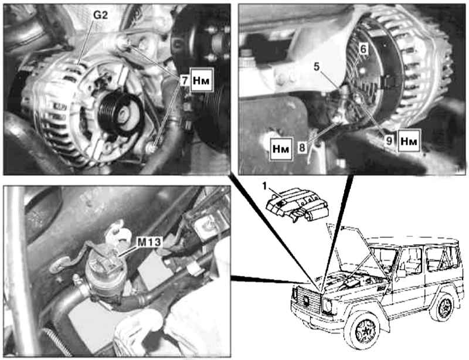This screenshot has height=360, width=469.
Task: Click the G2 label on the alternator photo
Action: point(100,15)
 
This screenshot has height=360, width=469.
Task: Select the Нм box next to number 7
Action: point(201,80)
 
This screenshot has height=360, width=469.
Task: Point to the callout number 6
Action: point(363,49)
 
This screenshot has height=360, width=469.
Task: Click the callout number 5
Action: point(317,66)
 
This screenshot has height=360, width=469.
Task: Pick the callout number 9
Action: point(389,141)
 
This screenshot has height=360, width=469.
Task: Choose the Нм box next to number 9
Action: point(409,141)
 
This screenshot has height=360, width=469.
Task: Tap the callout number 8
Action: point(302,148)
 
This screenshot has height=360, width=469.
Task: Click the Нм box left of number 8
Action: point(281,149)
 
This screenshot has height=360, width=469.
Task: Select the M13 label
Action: point(149,242)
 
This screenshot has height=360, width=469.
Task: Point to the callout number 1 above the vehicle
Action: point(264,186)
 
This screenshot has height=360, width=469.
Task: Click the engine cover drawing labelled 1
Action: point(297,205)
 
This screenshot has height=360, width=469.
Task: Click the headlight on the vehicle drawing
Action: point(327,305)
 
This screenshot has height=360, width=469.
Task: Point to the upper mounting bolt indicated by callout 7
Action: point(122,42)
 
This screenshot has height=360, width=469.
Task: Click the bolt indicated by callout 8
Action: point(337,119)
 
